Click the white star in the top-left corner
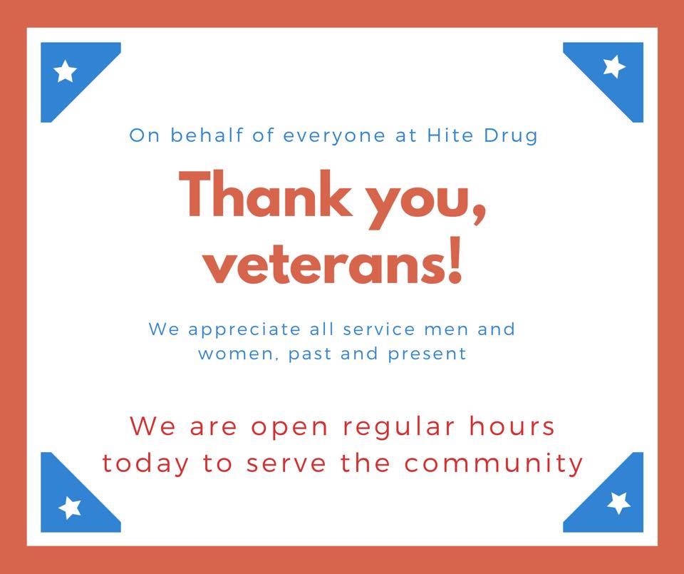click(65, 71)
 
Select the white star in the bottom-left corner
click(70, 508)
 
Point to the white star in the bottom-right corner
click(618, 503)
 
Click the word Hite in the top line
click(450, 135)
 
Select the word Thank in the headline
click(266, 194)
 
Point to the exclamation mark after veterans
click(455, 260)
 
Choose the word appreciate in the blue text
click(244, 330)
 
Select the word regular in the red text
click(399, 427)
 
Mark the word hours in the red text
click(512, 426)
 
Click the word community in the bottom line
click(493, 464)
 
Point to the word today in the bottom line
click(145, 464)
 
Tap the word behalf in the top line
click(207, 135)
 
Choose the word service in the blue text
click(378, 329)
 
